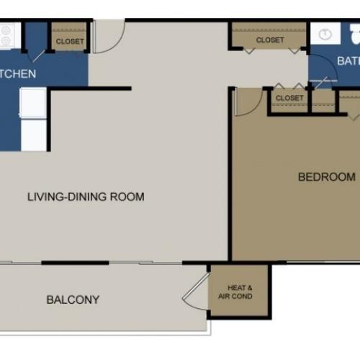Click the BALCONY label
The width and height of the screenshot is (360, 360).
click(x=73, y=300)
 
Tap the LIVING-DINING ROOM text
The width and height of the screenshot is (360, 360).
click(x=86, y=197)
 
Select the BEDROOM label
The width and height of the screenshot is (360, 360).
click(x=327, y=176)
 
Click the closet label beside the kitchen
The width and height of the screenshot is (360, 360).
click(x=70, y=42)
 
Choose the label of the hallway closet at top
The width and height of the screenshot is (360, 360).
click(x=270, y=40)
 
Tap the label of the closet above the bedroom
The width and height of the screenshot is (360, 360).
click(x=289, y=98)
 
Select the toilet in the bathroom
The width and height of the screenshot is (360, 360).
click(x=354, y=35)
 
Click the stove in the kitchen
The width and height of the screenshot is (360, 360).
click(x=6, y=36)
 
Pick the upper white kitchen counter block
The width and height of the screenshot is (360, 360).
click(x=32, y=102)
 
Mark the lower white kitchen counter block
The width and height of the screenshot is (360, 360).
click(x=32, y=135)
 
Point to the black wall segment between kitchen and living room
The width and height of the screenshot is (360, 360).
click(x=89, y=89)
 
